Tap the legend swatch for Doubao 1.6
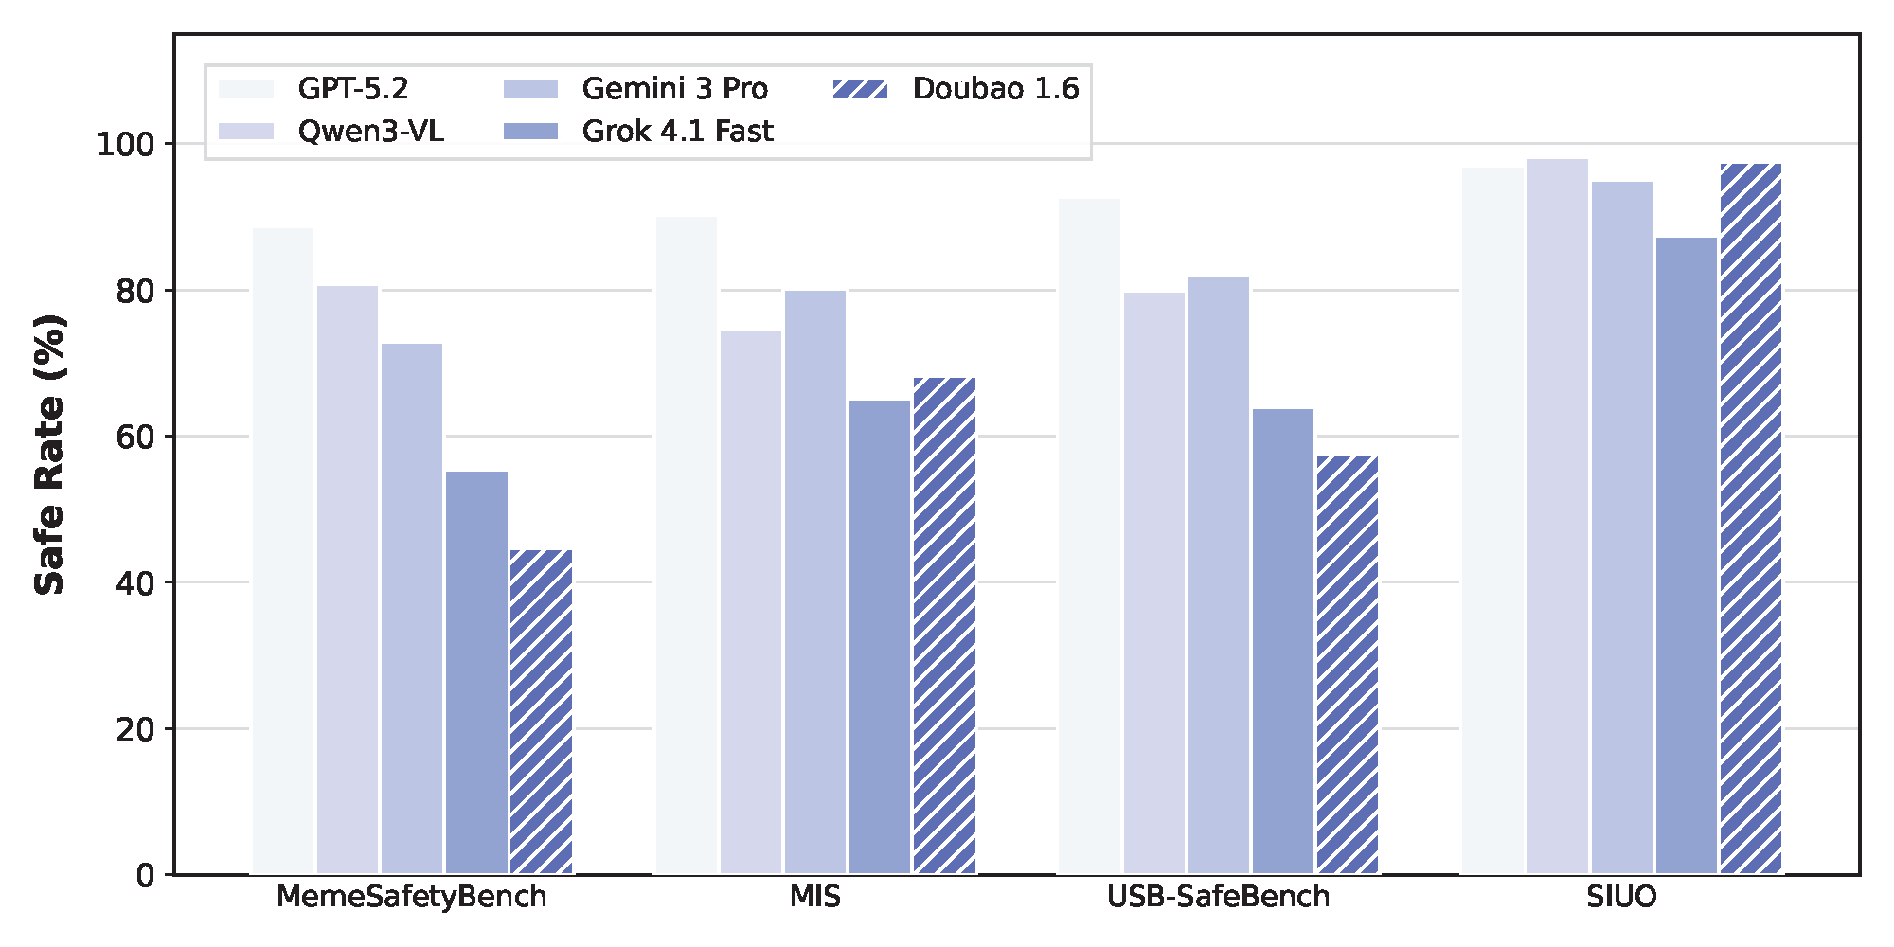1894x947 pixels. coord(860,89)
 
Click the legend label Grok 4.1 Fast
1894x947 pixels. coord(677,131)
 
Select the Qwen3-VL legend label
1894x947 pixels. coord(370,131)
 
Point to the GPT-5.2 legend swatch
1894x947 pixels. coord(246,89)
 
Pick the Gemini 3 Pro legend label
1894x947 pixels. coord(674,89)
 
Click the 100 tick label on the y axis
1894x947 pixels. coord(125,145)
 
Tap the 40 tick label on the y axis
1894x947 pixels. coord(134,583)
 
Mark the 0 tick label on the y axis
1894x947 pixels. coord(145,875)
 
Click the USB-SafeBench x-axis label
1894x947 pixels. coord(1218,897)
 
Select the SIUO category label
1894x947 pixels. coord(1621,897)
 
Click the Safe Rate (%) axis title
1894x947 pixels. coord(49,455)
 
